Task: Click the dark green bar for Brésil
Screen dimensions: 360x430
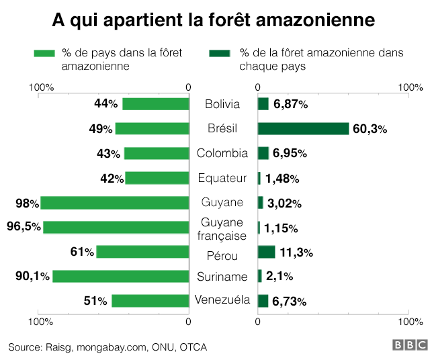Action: click(303, 128)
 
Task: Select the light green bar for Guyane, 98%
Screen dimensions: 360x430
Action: click(114, 203)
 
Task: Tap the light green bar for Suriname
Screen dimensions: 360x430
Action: click(120, 276)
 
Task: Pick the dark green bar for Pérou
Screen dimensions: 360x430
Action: click(266, 252)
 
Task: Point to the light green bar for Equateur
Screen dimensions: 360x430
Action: click(157, 178)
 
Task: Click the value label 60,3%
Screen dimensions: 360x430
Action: click(370, 129)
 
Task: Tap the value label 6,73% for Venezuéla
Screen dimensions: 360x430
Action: click(290, 302)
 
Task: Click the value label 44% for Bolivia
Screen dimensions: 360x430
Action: click(106, 104)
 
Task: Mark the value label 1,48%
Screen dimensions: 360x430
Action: click(282, 178)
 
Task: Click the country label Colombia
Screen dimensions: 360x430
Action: click(222, 153)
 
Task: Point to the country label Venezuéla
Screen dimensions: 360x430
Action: click(222, 300)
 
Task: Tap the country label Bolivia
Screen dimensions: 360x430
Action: click(222, 104)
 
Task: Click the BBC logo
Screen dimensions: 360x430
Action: click(410, 345)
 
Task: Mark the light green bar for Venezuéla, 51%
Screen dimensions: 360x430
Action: click(150, 301)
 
